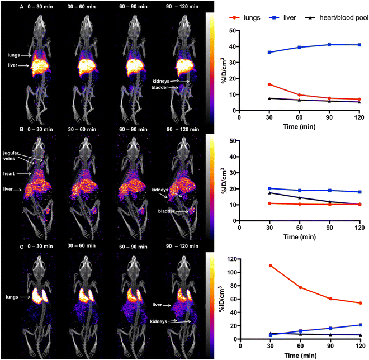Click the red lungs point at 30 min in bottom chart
270,266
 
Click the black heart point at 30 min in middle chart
270,192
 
